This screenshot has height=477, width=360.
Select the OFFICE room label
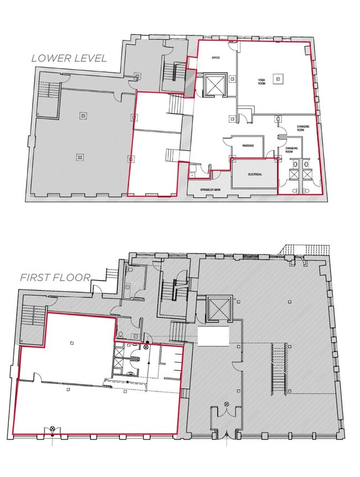click(x=217, y=58)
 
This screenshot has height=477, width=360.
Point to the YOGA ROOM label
click(x=261, y=82)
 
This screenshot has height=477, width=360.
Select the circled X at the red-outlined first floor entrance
click(x=52, y=429)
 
